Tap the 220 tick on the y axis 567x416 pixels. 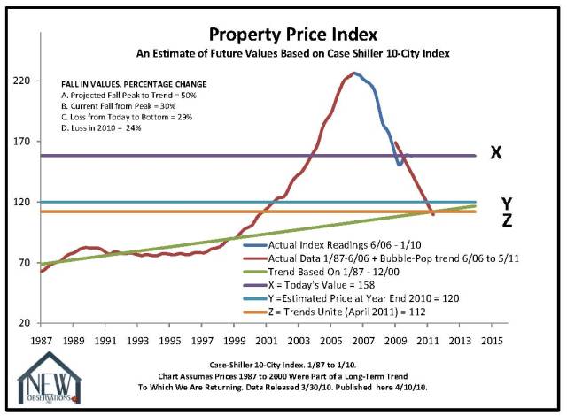click(x=20, y=81)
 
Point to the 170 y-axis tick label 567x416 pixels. click(x=20, y=142)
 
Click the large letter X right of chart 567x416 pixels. click(x=496, y=152)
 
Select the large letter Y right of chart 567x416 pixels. click(x=506, y=203)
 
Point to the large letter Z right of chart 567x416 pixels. click(x=506, y=220)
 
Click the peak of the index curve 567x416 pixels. click(x=353, y=73)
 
